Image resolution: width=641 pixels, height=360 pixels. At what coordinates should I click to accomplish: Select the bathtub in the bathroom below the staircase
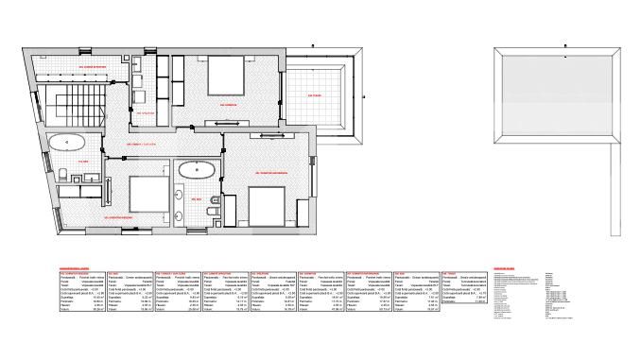click(68, 144)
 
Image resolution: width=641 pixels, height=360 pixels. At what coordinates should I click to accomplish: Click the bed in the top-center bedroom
click(220, 75)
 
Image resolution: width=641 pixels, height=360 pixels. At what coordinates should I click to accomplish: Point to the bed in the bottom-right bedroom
click(267, 202)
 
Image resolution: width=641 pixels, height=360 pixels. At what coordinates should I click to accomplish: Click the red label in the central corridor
click(141, 145)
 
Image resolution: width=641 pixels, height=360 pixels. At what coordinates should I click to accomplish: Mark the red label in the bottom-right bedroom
click(271, 173)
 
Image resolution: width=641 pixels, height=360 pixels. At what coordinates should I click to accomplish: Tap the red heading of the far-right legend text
click(507, 267)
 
